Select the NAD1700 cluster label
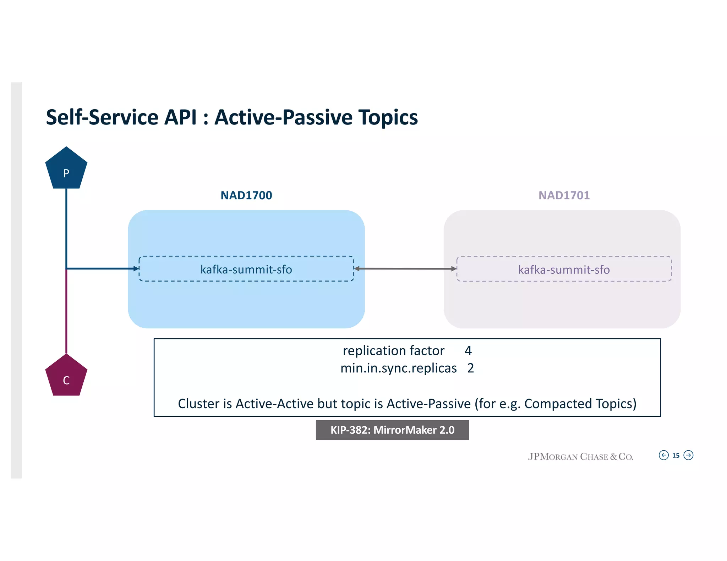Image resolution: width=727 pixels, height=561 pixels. (x=246, y=195)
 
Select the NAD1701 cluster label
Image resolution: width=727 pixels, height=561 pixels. (x=564, y=195)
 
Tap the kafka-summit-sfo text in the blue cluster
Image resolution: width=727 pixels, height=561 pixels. (x=246, y=270)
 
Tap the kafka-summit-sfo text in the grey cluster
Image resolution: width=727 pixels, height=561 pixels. (x=564, y=270)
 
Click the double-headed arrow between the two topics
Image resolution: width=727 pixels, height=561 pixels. (x=405, y=269)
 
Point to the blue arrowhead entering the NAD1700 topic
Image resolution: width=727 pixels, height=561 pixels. (x=136, y=269)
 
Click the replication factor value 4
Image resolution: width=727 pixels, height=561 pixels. (x=468, y=351)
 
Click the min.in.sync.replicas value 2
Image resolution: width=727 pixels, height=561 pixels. (x=470, y=368)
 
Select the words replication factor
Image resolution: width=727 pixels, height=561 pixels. (x=393, y=351)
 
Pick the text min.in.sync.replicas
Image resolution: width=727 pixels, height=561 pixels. (x=398, y=368)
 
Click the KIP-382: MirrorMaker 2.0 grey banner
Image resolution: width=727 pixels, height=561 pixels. (x=392, y=430)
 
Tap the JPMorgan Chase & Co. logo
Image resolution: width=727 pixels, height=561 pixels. (x=580, y=456)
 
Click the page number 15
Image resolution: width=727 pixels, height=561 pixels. (x=676, y=455)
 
